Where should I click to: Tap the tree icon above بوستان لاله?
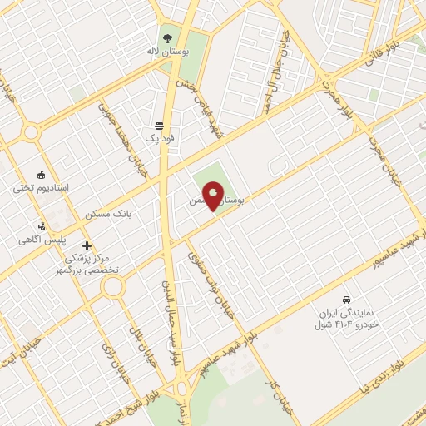click(x=167, y=38)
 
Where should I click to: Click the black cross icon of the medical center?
click(x=87, y=246)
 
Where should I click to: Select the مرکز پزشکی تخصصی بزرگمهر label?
click(x=88, y=265)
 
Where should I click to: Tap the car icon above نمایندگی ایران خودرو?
click(x=345, y=299)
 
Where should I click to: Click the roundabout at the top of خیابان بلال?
click(x=113, y=287)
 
